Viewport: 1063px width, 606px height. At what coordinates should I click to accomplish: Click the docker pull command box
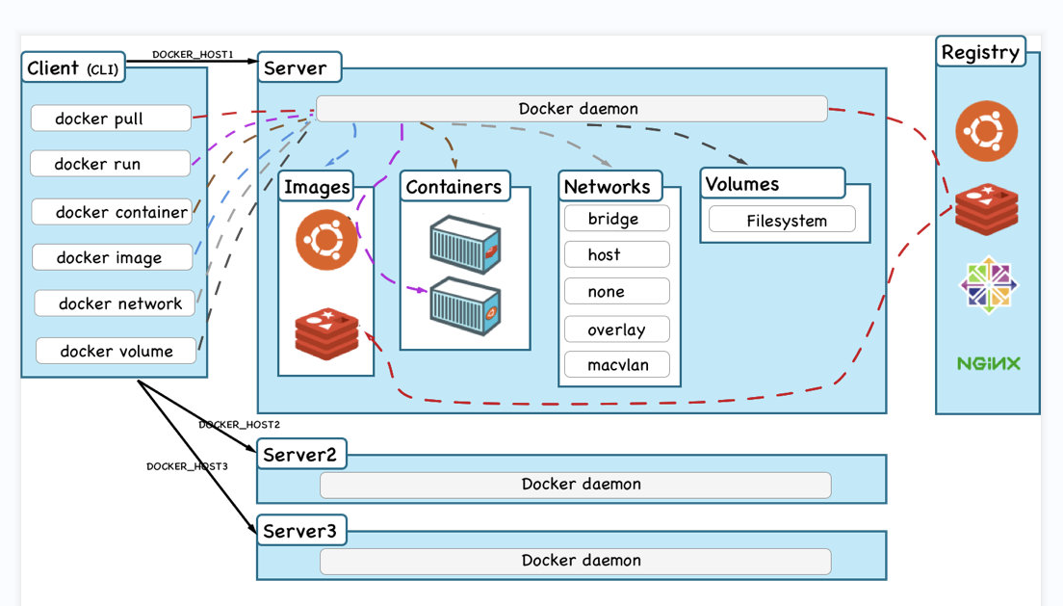point(111,119)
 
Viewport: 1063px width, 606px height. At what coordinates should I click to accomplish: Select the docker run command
point(110,164)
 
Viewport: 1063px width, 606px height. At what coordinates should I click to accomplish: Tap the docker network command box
point(115,303)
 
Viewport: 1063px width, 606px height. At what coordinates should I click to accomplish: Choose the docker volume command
point(116,351)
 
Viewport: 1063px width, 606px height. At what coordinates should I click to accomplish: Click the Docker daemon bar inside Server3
point(575,561)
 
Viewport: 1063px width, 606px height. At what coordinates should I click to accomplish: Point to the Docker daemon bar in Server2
point(575,485)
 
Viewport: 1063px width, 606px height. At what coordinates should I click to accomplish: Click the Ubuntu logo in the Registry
point(987,131)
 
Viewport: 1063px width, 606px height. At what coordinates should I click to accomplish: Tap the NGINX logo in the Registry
point(988,363)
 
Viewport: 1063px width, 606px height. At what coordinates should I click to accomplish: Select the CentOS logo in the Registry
point(988,284)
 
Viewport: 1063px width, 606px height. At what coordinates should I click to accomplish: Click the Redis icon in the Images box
point(326,333)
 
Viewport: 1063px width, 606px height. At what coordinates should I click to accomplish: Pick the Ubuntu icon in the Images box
point(326,239)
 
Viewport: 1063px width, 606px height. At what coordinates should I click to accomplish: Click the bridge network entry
point(616,219)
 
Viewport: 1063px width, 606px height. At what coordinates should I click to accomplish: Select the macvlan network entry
point(616,366)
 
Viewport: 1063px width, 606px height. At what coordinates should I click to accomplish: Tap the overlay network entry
point(616,329)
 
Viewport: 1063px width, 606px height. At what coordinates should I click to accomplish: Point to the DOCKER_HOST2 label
point(239,424)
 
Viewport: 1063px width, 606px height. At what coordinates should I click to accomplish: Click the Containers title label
point(454,187)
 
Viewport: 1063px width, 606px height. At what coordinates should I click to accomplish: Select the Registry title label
point(980,52)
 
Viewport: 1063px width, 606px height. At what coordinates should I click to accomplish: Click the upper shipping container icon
point(465,245)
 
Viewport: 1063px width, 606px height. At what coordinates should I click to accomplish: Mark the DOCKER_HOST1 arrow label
point(193,55)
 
